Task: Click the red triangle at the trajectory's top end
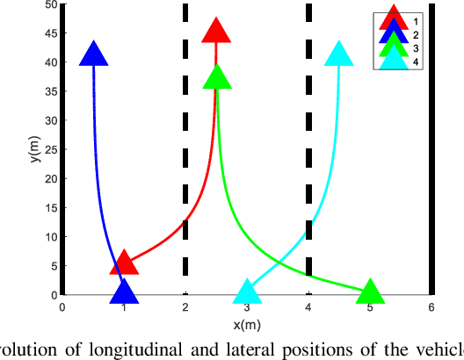coord(216,32)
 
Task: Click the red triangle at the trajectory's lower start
coord(124,263)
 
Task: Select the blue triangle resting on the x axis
coord(124,292)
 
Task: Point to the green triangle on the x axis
coord(370,292)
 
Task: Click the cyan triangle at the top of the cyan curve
coord(339,54)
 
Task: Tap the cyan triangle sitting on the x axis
coord(247,292)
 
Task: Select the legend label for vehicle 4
coord(416,61)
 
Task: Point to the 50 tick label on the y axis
coord(50,4)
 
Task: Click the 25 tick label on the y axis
coord(50,149)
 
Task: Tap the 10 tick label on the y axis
coord(50,237)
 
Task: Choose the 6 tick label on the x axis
coord(431,307)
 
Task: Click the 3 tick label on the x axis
coord(247,307)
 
